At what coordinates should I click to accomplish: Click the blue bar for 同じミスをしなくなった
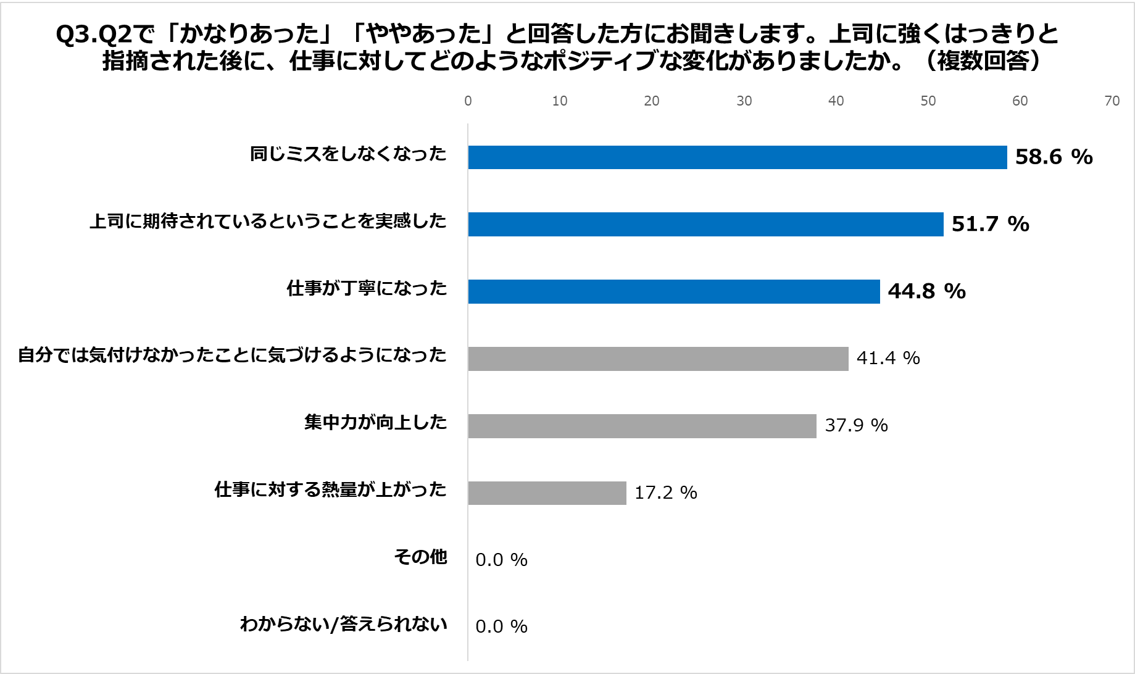[737, 157]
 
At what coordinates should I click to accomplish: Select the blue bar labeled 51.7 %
[705, 224]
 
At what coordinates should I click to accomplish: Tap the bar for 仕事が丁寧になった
[673, 291]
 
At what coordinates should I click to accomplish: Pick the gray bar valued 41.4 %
[658, 359]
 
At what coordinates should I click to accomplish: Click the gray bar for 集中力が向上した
[642, 426]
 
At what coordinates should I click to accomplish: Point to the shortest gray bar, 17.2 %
[547, 493]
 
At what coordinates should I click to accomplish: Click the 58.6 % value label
[1054, 157]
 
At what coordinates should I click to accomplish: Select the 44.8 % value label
[926, 291]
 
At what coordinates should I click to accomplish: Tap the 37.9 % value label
[856, 425]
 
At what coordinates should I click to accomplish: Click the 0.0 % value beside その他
[501, 560]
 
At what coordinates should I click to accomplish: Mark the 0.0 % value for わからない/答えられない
[501, 626]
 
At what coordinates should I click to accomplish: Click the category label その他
[420, 557]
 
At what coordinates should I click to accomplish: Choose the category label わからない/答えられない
[343, 624]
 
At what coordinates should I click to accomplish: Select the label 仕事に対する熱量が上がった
[330, 489]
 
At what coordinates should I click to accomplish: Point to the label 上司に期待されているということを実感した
[268, 221]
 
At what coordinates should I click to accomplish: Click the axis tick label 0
[468, 101]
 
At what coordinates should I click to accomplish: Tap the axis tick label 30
[744, 101]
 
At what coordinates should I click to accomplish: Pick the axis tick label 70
[1112, 101]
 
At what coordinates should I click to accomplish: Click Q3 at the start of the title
[73, 35]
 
